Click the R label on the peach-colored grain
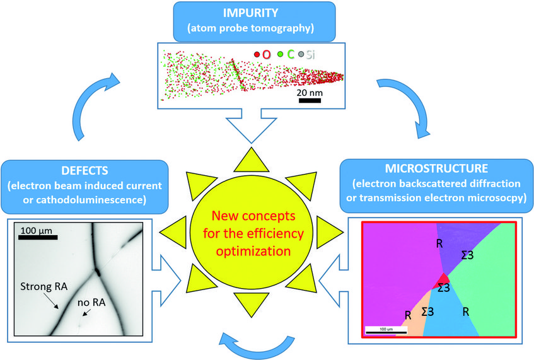coord(409,314)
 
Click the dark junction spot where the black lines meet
coord(98,272)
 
